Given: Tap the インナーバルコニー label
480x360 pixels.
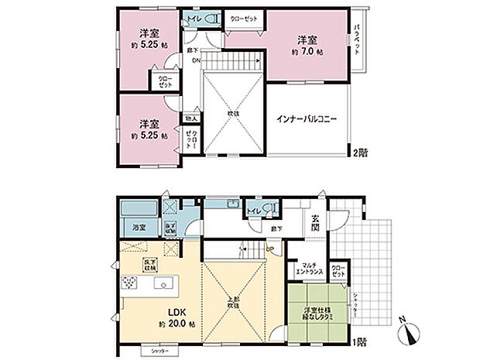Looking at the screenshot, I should pyautogui.click(x=307, y=121).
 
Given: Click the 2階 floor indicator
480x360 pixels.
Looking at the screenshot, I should pyautogui.click(x=360, y=152).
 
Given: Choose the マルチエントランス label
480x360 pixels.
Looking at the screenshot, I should pyautogui.click(x=309, y=269).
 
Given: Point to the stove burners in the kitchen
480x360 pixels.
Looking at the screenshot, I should pyautogui.click(x=129, y=284).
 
